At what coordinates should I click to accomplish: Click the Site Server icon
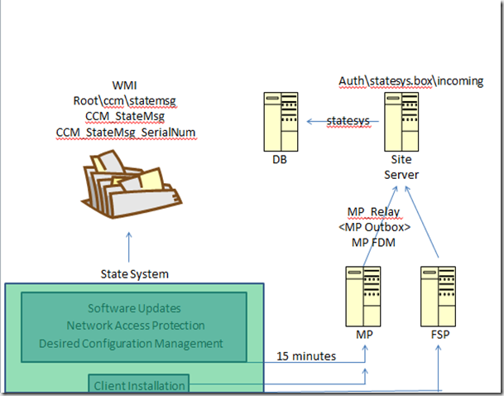(401, 120)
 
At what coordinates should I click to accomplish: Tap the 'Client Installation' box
(139, 384)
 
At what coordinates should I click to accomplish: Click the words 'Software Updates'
(133, 309)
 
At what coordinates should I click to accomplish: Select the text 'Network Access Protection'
(133, 326)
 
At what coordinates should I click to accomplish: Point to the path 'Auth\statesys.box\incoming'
(411, 80)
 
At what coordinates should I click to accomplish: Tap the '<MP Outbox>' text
(374, 226)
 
